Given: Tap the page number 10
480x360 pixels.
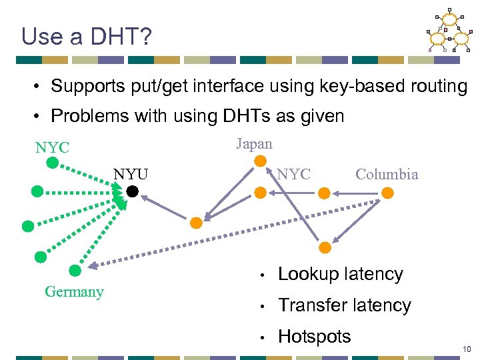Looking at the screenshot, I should [467, 349].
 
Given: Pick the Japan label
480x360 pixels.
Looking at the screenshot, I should [254, 143].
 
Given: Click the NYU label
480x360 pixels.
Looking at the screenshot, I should [131, 175].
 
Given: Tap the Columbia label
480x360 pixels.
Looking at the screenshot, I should [387, 175].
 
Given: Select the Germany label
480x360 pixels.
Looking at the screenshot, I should [74, 291].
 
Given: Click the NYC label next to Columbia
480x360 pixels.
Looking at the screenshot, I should [293, 175].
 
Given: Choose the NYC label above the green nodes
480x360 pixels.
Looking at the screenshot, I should [52, 147].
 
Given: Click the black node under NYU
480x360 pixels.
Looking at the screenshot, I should [132, 192].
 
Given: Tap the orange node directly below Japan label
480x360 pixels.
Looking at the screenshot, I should [261, 161].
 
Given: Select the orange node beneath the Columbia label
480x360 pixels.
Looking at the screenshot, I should [387, 193].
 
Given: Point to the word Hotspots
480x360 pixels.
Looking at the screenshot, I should [314, 337].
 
